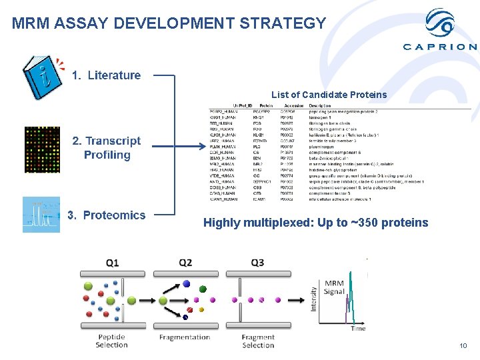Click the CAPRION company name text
440,47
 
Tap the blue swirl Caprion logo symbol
440,23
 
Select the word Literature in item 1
114,75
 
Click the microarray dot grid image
41,147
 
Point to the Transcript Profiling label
107,148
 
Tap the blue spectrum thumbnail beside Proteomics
41,214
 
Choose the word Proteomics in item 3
114,215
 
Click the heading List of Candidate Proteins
329,95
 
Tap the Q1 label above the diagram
113,263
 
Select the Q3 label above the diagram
257,263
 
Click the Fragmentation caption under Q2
185,337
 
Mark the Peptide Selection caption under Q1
111,341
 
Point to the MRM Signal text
334,287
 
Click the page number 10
464,346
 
